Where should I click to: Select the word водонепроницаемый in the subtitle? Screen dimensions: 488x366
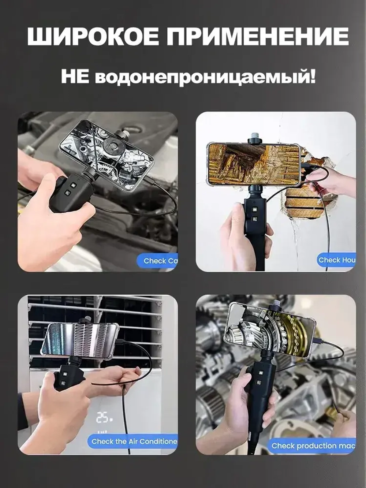point(205,78)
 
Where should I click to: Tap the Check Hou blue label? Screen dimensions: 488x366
point(336,260)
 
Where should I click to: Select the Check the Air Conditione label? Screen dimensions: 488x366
point(132,442)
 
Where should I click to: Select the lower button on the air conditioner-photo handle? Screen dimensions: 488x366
point(63,383)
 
